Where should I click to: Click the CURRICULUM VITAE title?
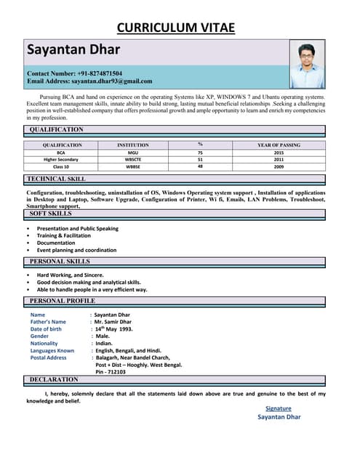pos(176,28)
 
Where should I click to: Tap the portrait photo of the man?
pos(307,64)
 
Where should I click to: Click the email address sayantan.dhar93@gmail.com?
pos(89,81)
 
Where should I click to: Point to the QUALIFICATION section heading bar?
pos(57,129)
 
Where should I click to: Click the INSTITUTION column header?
pos(132,145)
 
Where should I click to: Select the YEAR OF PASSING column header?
pos(279,145)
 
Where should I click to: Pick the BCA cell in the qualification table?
pos(61,153)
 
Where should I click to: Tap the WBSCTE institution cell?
pos(132,159)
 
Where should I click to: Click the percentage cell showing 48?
pos(200,166)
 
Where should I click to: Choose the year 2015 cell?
pos(279,153)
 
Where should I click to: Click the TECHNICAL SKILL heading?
pos(56,178)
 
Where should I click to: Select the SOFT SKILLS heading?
pos(51,214)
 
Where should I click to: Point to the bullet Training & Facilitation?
pos(64,235)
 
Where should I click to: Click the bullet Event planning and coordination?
pos(76,250)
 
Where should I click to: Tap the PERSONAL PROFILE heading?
pos(62,300)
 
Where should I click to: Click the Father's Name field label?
pos(48,322)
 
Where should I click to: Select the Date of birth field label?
pos(46,329)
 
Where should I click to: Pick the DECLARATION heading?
pos(54,379)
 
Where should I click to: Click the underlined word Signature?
pos(279,408)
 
